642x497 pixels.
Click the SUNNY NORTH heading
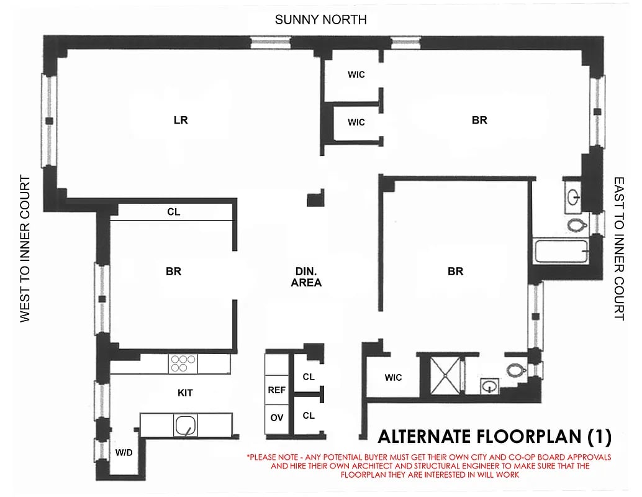pos(320,20)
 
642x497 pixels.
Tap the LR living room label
pos(181,120)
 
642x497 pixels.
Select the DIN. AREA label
pos(307,276)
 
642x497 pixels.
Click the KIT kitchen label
pos(185,393)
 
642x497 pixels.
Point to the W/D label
pos(124,452)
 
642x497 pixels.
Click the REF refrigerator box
pos(276,390)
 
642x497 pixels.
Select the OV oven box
pos(276,418)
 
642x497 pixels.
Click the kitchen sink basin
pos(185,426)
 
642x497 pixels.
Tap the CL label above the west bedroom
pos(173,212)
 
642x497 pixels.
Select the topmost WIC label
pos(356,75)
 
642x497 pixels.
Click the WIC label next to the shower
pos(393,377)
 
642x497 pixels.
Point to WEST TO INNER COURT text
pos(25,248)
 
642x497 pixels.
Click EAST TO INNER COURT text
pos(618,248)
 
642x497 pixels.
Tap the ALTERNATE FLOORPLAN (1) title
pos(494,437)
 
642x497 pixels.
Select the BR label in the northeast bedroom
pos(479,121)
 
